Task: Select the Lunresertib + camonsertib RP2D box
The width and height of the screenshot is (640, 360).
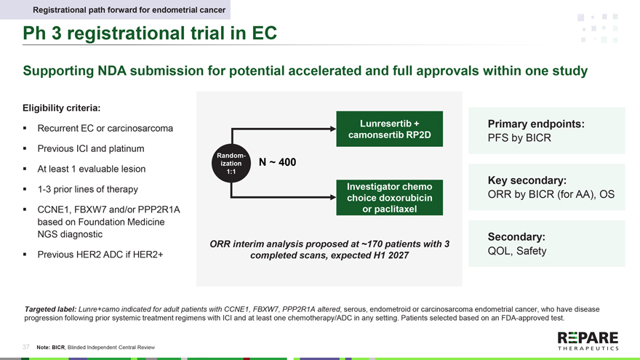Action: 390,129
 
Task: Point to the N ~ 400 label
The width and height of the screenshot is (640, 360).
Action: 277,162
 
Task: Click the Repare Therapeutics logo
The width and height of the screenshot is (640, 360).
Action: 588,341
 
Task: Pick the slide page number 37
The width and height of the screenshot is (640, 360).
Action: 26,347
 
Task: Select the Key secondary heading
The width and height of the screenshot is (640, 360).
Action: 527,180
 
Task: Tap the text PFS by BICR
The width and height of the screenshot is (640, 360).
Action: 519,138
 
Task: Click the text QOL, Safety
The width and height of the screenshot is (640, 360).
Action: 516,251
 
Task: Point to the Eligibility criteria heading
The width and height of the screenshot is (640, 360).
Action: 62,108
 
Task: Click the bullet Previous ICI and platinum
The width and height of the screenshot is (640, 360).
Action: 91,149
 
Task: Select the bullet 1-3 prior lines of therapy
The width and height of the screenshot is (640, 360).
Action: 87,190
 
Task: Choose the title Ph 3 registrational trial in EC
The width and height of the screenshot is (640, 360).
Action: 149,33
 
